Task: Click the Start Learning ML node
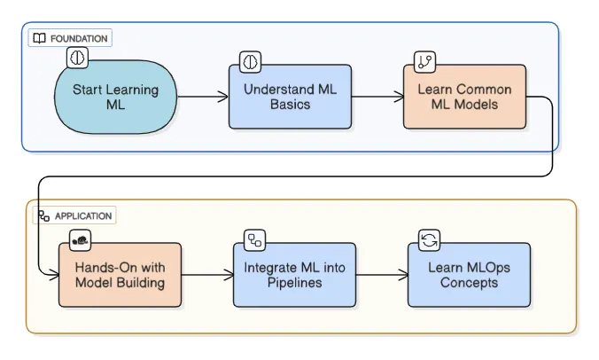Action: (115, 97)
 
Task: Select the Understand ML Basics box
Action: (290, 97)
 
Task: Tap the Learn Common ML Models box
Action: (463, 97)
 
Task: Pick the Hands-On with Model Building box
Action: (120, 275)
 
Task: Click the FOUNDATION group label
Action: (79, 39)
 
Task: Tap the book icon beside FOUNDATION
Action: (40, 39)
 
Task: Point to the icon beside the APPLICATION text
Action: (43, 215)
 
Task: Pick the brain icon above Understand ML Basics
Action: (251, 61)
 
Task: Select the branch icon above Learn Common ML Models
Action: (424, 61)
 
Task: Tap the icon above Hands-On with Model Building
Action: (81, 239)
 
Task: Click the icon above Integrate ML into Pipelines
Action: (255, 239)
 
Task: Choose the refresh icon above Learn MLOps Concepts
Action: (429, 239)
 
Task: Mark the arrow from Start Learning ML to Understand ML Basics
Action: (203, 97)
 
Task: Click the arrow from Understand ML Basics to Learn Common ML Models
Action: (377, 97)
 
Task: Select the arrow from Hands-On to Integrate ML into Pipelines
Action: (206, 275)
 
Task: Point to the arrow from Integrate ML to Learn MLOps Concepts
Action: (381, 275)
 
